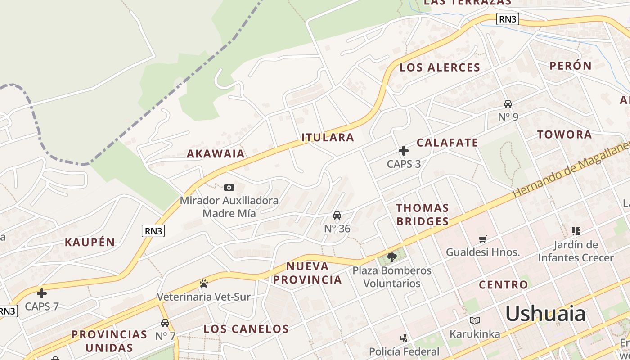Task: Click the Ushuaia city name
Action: click(x=545, y=313)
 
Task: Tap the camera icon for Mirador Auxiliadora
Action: click(x=229, y=187)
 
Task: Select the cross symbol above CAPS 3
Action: click(x=404, y=151)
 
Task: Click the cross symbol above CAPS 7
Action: click(x=42, y=293)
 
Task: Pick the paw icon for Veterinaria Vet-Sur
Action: click(x=204, y=283)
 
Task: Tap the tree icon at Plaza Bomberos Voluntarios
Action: click(x=391, y=257)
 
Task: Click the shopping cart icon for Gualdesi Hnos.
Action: click(x=483, y=239)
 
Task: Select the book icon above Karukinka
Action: click(x=475, y=320)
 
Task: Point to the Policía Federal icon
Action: click(x=404, y=338)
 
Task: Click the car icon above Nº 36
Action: click(x=337, y=216)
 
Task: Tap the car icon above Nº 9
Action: click(x=508, y=104)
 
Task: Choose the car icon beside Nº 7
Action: click(x=165, y=323)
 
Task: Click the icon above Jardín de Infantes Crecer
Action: click(x=576, y=231)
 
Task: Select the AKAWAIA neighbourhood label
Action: click(x=216, y=153)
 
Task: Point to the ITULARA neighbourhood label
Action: click(x=328, y=137)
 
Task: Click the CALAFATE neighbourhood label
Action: click(x=447, y=143)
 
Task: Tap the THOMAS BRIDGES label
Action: click(x=422, y=215)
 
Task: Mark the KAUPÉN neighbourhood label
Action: click(x=90, y=242)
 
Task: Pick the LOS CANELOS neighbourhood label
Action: click(x=246, y=328)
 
